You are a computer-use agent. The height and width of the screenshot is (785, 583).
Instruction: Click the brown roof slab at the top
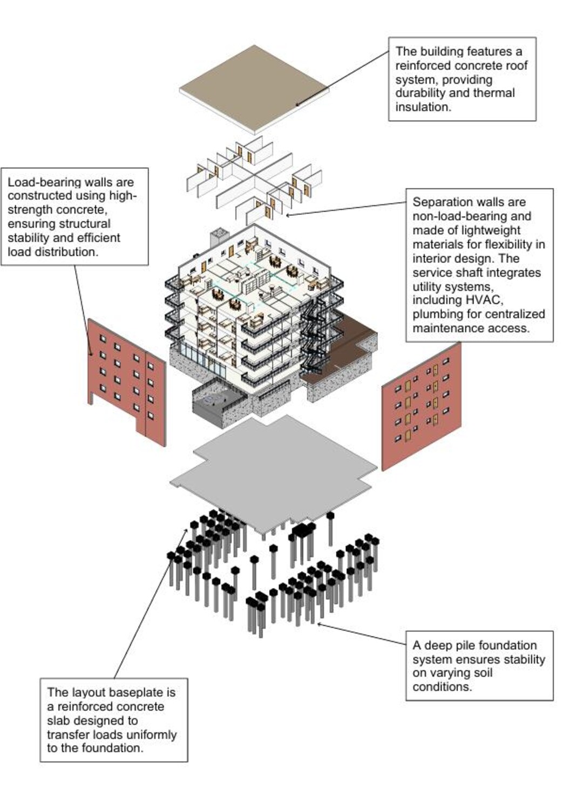click(x=254, y=89)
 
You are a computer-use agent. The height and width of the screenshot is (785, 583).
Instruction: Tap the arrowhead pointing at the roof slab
click(x=296, y=104)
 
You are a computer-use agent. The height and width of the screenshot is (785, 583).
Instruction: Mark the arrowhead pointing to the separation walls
click(x=288, y=215)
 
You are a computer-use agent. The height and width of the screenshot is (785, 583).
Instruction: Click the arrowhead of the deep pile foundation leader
click(x=319, y=624)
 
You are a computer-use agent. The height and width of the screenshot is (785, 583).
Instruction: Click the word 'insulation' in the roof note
click(x=422, y=107)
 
